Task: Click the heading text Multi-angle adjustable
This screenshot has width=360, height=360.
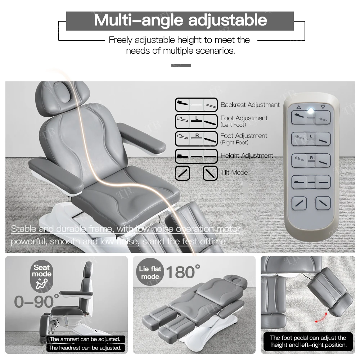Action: [x=180, y=20]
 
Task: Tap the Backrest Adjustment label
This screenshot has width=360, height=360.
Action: [x=250, y=105]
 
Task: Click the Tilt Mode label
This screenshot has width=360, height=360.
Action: [x=234, y=172]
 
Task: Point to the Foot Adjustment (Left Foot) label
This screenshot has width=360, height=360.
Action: [x=244, y=121]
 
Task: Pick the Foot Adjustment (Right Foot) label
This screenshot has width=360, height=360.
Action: [x=243, y=139]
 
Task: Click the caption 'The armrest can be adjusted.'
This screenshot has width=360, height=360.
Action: [x=85, y=339]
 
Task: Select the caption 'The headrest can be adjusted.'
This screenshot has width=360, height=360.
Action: [x=85, y=348]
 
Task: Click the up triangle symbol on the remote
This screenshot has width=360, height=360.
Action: [x=298, y=107]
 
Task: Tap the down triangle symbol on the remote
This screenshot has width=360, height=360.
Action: [x=323, y=107]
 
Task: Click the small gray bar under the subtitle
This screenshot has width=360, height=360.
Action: [x=181, y=66]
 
